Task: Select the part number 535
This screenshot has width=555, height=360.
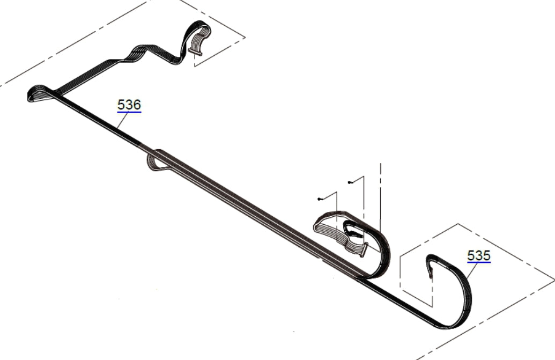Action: point(478,255)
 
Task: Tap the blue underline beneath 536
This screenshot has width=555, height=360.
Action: point(129,112)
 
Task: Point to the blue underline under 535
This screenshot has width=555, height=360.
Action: point(478,263)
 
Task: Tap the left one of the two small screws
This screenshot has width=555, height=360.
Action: point(319,199)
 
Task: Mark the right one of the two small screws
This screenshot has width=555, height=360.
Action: point(350,182)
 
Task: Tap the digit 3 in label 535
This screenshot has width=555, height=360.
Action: point(478,255)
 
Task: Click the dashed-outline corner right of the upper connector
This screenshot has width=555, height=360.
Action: point(245,37)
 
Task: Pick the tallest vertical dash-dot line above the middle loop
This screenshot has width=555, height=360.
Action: point(381,193)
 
